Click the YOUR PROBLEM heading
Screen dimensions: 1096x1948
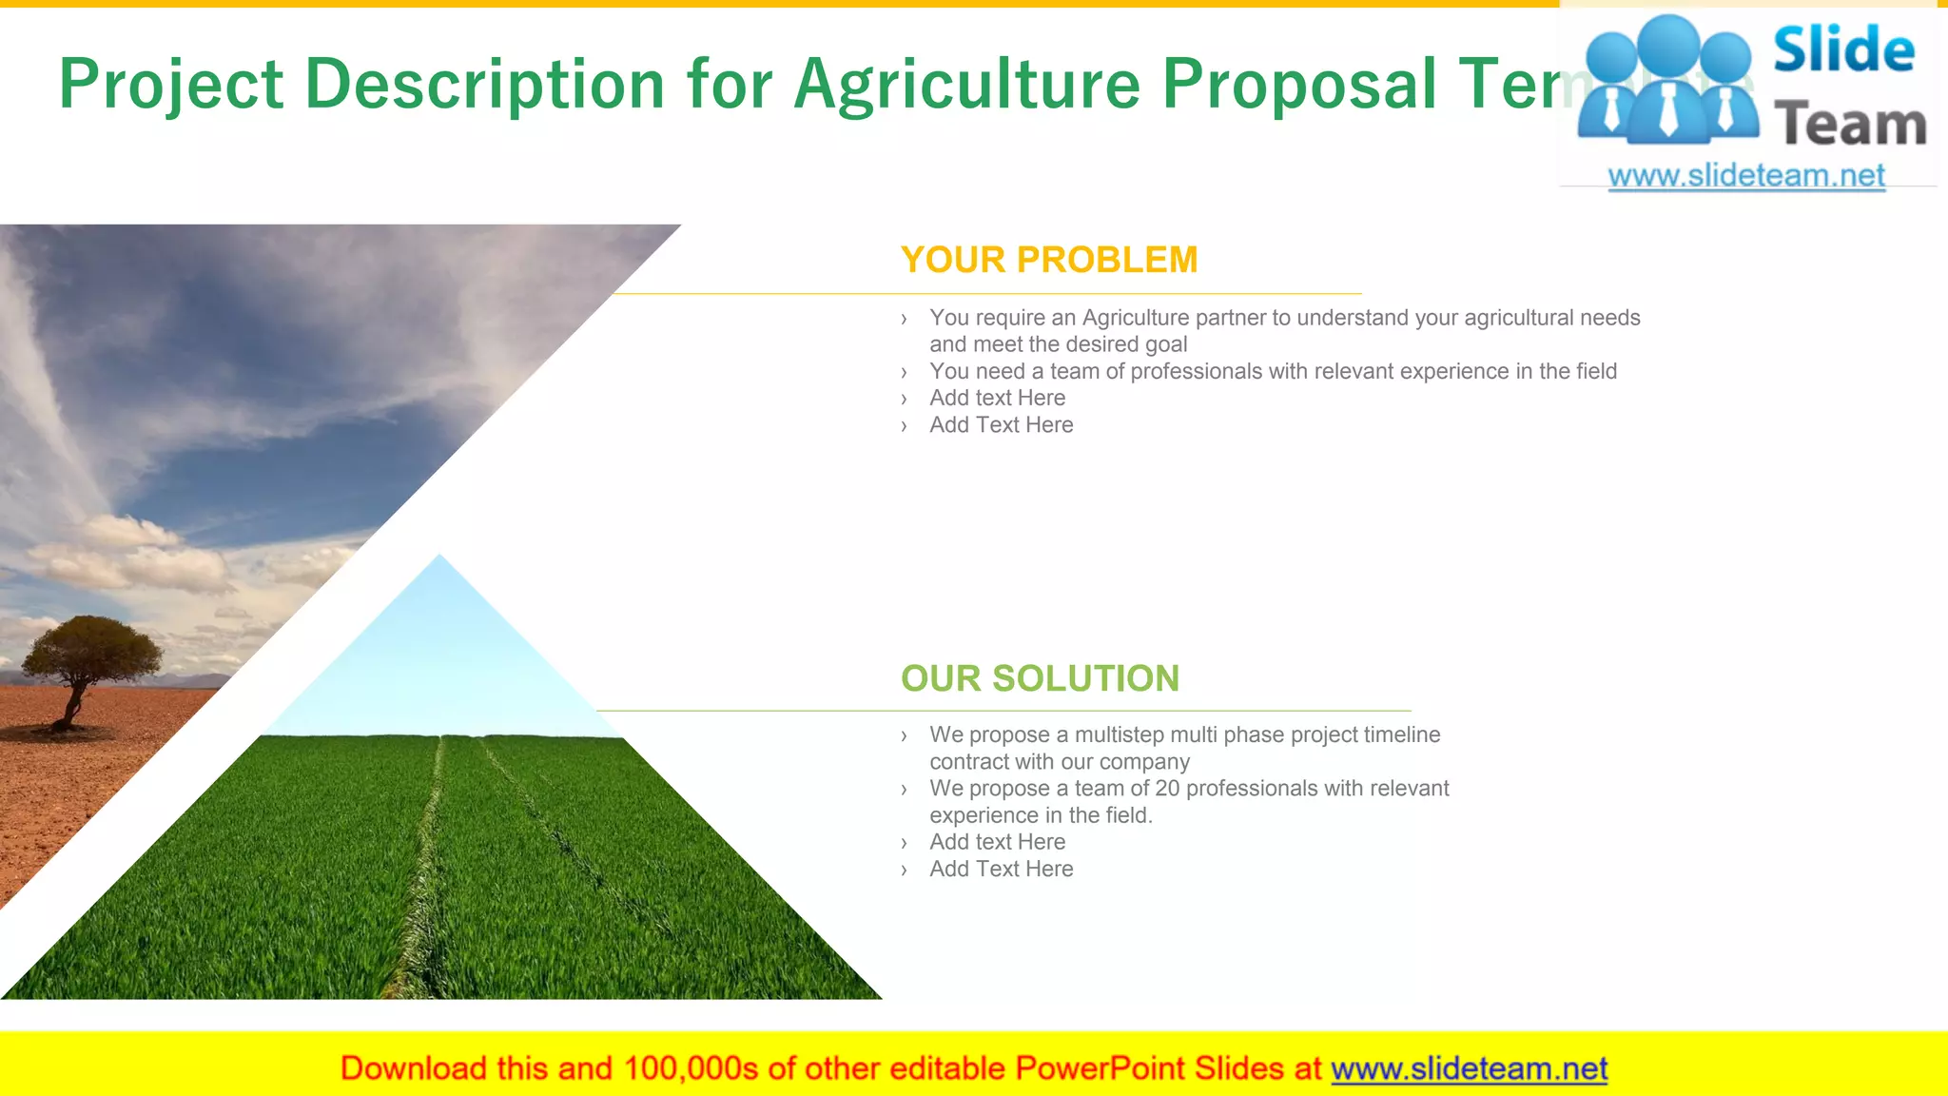point(1048,260)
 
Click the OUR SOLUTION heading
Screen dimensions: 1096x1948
point(1040,678)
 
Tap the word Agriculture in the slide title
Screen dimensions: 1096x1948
point(966,84)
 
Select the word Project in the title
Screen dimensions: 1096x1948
point(171,84)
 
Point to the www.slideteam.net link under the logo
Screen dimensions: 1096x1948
point(1746,176)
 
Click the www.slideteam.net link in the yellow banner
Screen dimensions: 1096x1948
point(1469,1068)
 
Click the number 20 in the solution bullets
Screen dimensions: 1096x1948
point(1166,789)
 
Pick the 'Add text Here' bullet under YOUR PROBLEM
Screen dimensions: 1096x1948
point(997,398)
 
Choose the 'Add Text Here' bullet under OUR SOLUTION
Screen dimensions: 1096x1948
point(1001,869)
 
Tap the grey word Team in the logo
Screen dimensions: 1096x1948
point(1850,125)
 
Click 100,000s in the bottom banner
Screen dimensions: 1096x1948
point(692,1068)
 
